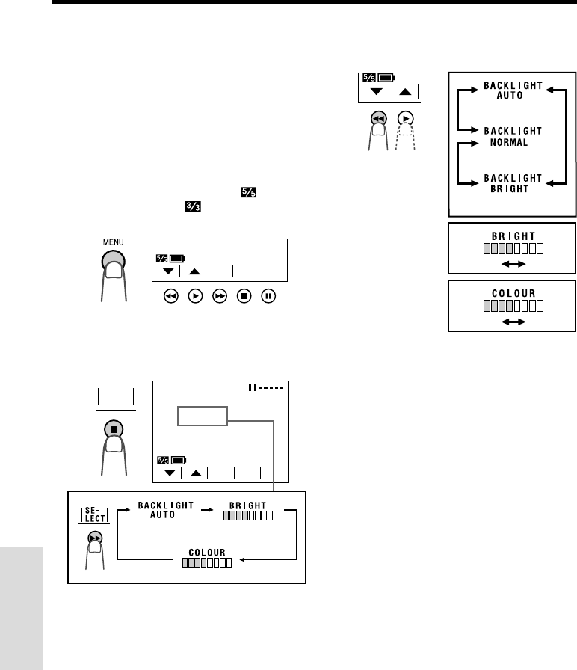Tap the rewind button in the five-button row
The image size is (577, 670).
pyautogui.click(x=170, y=296)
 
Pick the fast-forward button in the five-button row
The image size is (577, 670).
pyautogui.click(x=219, y=296)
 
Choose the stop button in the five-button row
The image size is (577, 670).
pyautogui.click(x=244, y=296)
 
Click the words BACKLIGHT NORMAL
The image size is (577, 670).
pyautogui.click(x=512, y=136)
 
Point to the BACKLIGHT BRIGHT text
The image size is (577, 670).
pyautogui.click(x=512, y=183)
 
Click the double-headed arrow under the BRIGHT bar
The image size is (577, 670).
pyautogui.click(x=512, y=265)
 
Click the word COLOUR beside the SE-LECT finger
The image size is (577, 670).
pyautogui.click(x=207, y=552)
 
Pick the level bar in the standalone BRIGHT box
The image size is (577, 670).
pyautogui.click(x=512, y=248)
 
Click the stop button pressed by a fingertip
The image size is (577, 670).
pyautogui.click(x=116, y=430)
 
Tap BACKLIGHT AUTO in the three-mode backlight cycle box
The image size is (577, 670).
pyautogui.click(x=512, y=91)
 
